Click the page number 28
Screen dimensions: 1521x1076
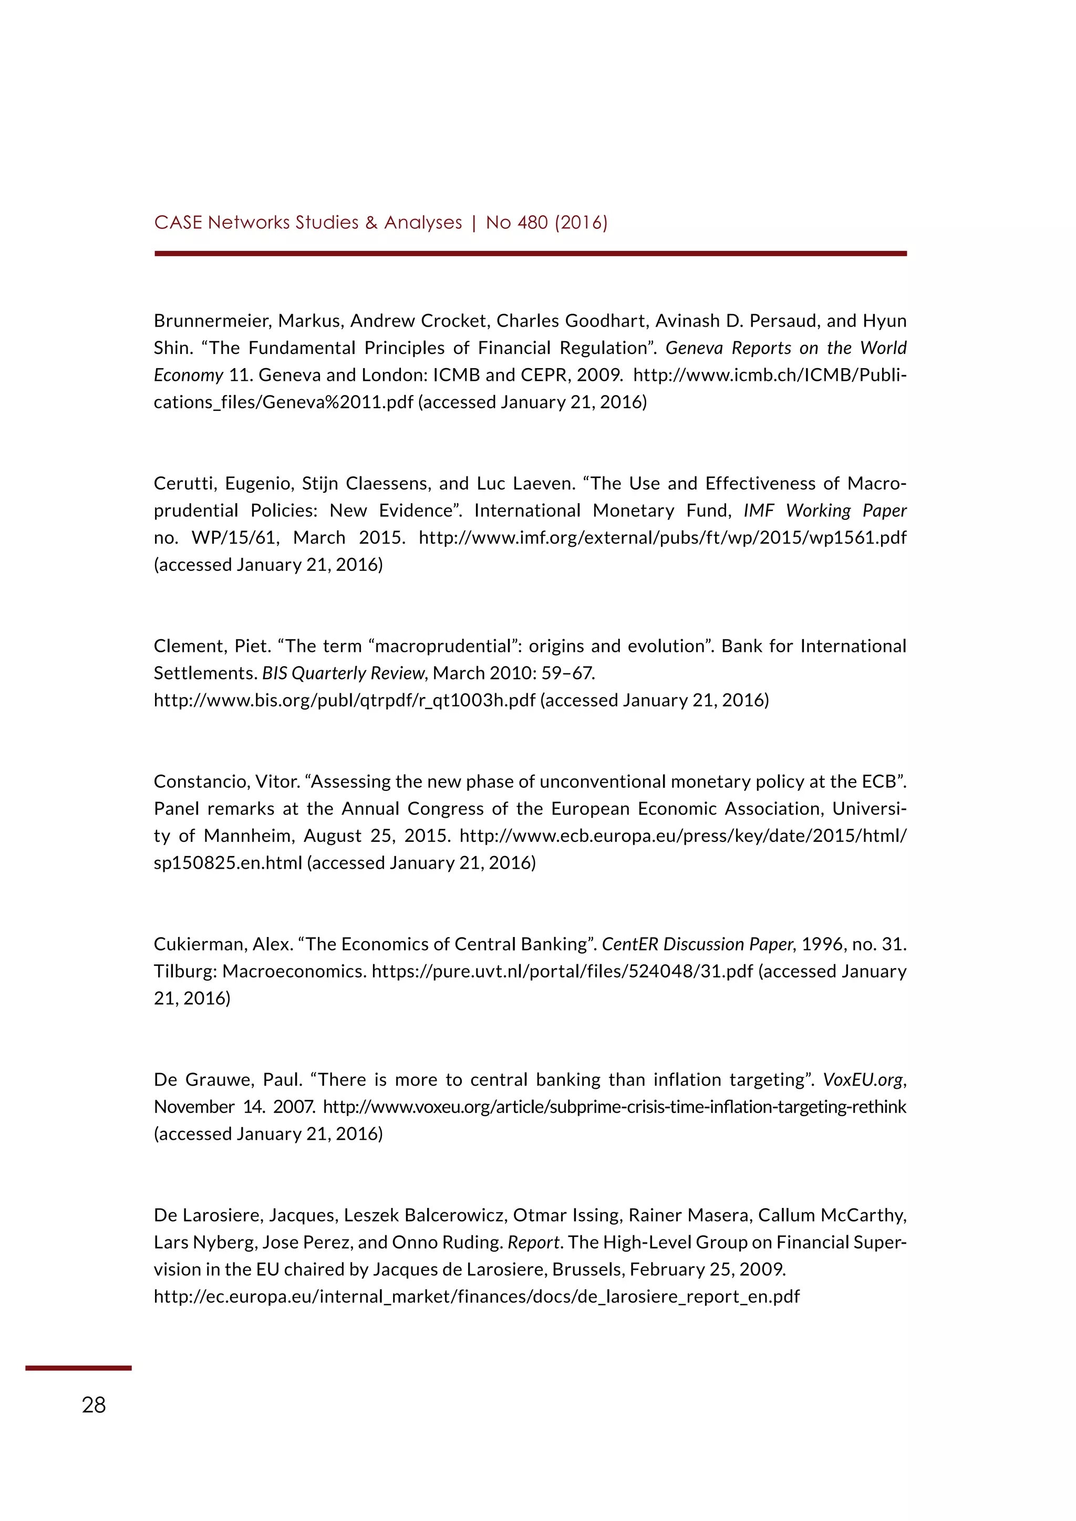[x=94, y=1404]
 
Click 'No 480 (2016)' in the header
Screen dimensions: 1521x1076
[x=546, y=223]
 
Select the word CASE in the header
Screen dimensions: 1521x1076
[x=178, y=223]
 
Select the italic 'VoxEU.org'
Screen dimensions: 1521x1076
[x=863, y=1080]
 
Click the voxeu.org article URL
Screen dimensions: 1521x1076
[x=614, y=1107]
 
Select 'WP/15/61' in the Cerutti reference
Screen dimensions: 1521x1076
[x=234, y=538]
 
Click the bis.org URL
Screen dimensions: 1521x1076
[x=344, y=700]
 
